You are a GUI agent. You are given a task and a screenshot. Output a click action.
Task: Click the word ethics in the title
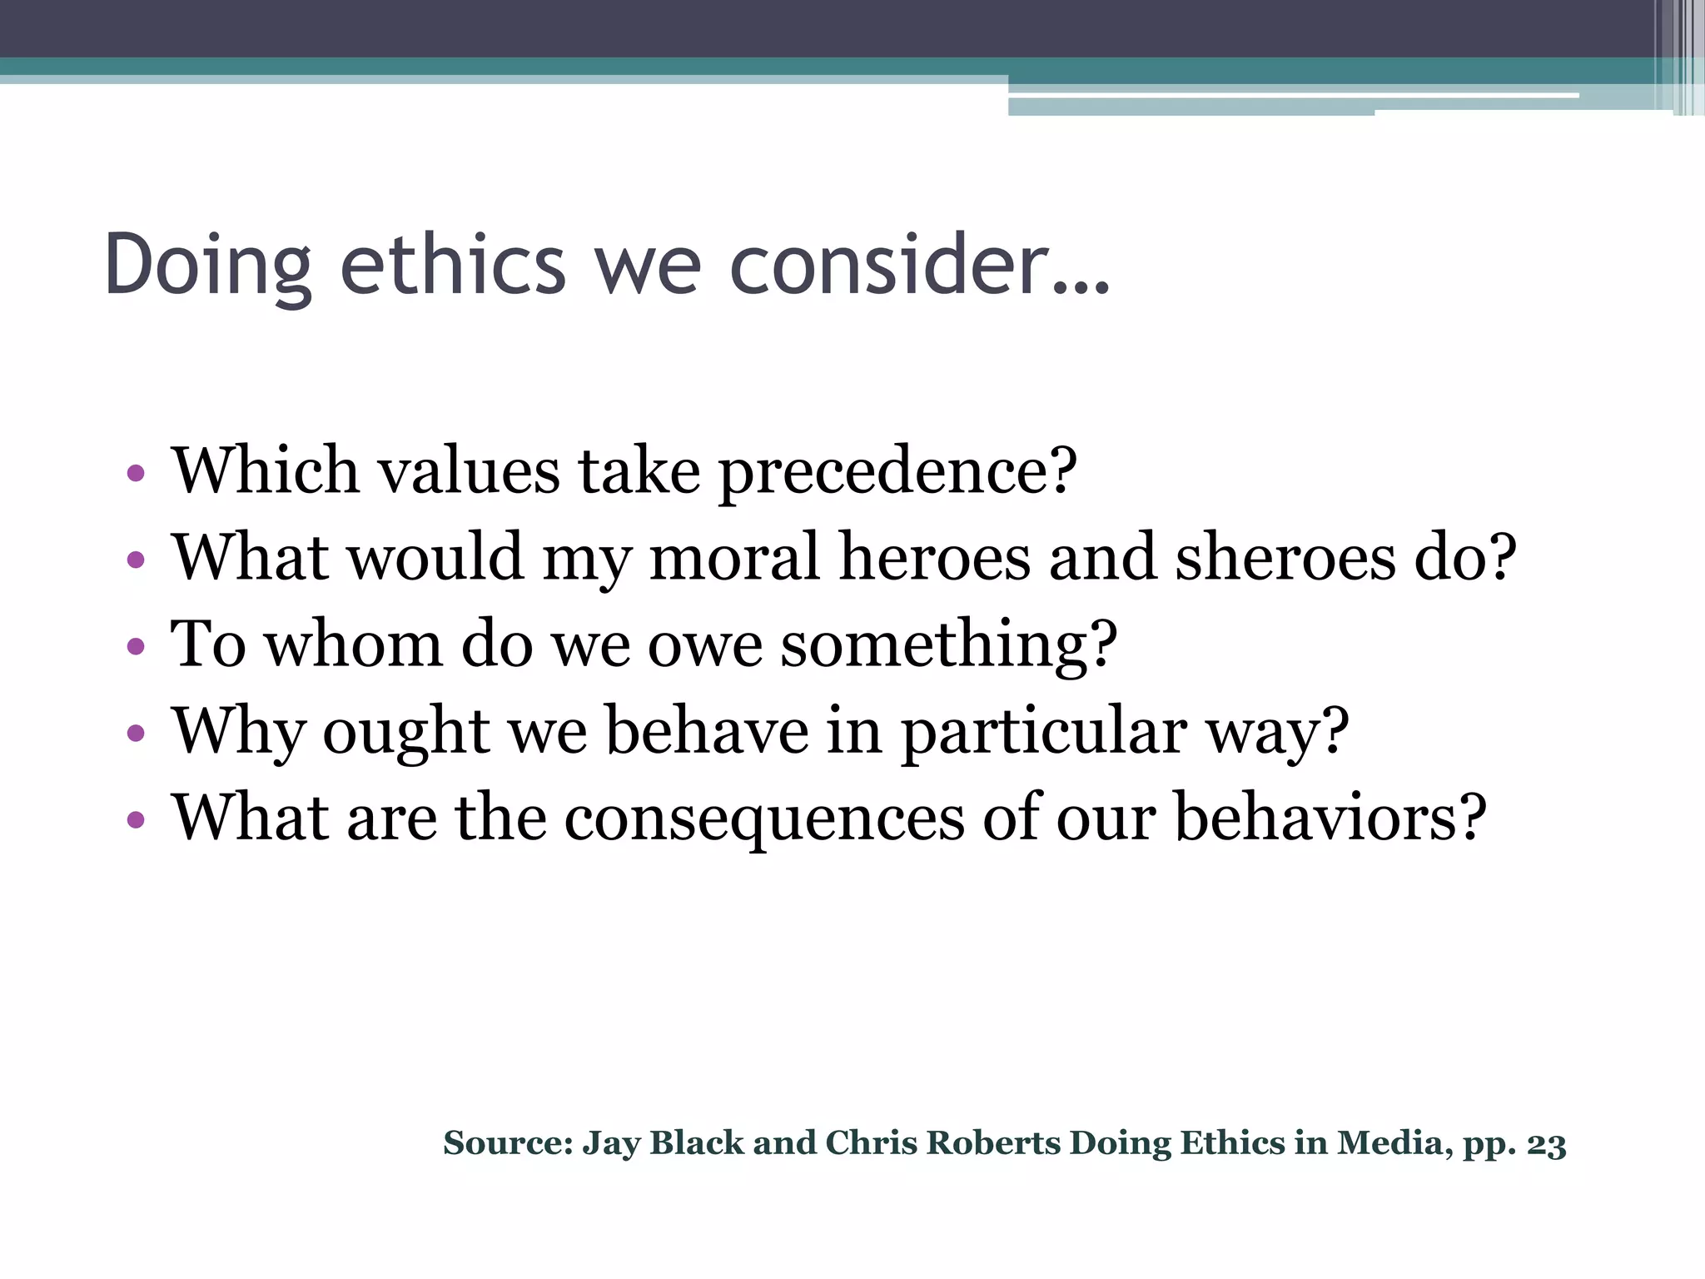(454, 265)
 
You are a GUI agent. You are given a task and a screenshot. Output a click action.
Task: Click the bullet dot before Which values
(136, 474)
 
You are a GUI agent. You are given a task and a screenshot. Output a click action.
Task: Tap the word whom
(353, 644)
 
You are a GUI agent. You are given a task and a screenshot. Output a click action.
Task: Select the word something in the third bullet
(949, 646)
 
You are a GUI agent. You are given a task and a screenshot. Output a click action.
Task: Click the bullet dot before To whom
(136, 647)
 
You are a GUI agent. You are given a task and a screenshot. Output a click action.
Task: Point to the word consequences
(763, 819)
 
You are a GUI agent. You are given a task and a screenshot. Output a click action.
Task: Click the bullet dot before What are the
(136, 820)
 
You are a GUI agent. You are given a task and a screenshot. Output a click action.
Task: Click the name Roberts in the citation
(993, 1143)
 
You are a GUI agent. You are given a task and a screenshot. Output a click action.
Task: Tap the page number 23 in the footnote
(1547, 1145)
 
